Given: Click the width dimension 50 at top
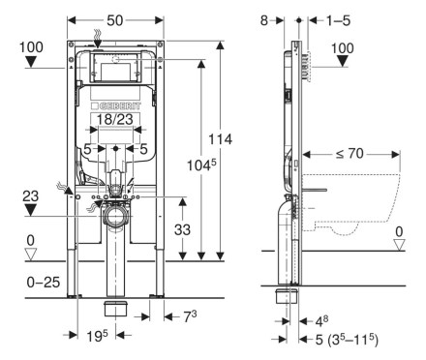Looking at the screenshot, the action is click(x=115, y=20).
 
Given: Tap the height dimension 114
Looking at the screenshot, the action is click(x=220, y=139).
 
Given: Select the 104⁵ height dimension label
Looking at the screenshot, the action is click(x=201, y=165).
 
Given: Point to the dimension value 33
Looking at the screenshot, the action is click(x=182, y=229).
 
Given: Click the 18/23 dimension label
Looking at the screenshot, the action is click(x=115, y=119).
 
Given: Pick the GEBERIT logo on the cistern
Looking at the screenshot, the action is click(x=116, y=106).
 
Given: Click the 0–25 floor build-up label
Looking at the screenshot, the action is click(x=44, y=283).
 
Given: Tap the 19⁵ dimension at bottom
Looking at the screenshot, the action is click(x=97, y=336).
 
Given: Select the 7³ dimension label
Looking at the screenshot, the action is click(x=190, y=316).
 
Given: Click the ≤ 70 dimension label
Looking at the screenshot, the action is click(x=350, y=154).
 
